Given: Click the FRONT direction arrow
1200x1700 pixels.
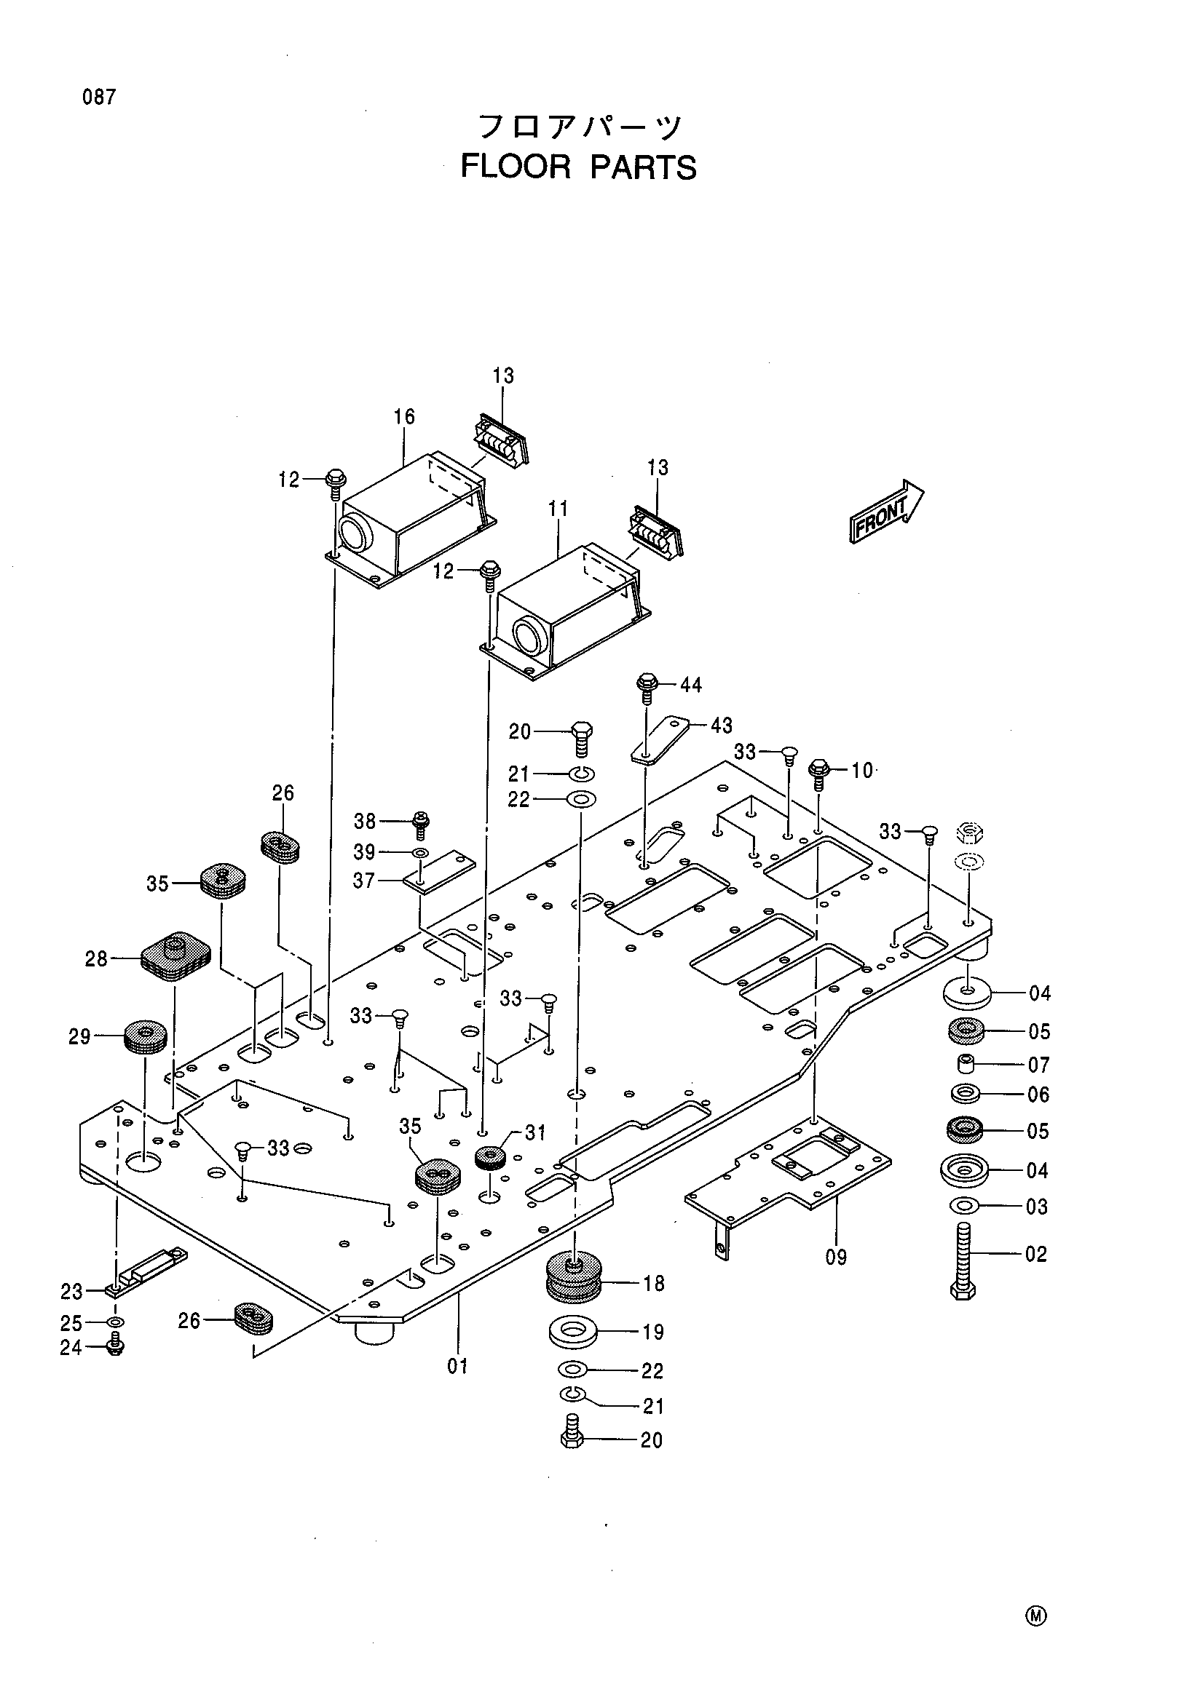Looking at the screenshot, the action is pyautogui.click(x=887, y=512).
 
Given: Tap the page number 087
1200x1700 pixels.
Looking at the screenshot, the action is pyautogui.click(x=99, y=97).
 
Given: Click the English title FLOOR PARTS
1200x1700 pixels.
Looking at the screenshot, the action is pyautogui.click(x=578, y=167).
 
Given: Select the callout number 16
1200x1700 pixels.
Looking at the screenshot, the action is pyautogui.click(x=404, y=417).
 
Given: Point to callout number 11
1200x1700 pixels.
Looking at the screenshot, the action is pyautogui.click(x=558, y=509).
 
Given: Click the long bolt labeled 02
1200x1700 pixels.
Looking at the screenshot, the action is pyautogui.click(x=962, y=1260).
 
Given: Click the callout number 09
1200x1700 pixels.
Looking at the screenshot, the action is pyautogui.click(x=837, y=1257).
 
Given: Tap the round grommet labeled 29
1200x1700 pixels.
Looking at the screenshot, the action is pyautogui.click(x=144, y=1038).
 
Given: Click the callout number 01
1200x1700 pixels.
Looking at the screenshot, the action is pyautogui.click(x=458, y=1366).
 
